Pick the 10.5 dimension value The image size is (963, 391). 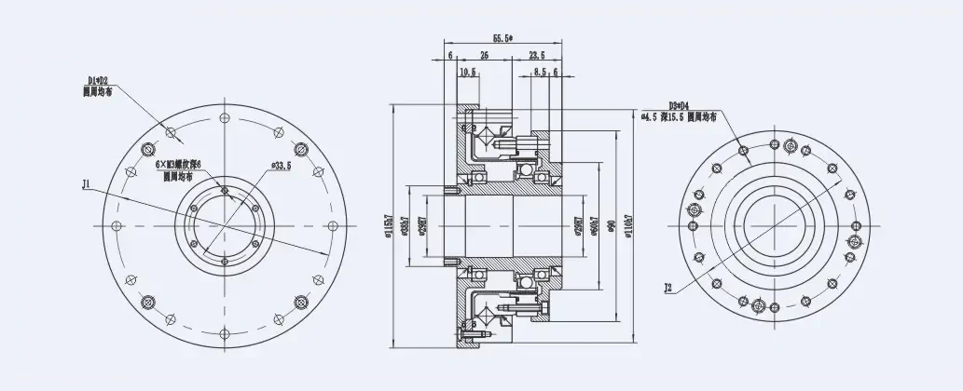[468, 71]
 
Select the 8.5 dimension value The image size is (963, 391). [540, 71]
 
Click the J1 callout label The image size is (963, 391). [86, 185]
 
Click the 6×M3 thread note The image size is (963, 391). [178, 164]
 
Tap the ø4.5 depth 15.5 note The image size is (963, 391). [679, 117]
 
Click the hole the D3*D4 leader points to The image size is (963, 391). [743, 148]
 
